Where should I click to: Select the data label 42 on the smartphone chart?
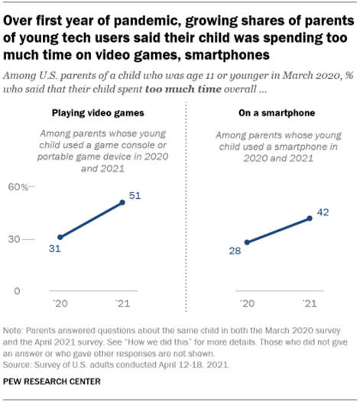click(x=323, y=212)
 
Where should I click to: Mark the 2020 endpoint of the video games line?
click(x=60, y=238)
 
